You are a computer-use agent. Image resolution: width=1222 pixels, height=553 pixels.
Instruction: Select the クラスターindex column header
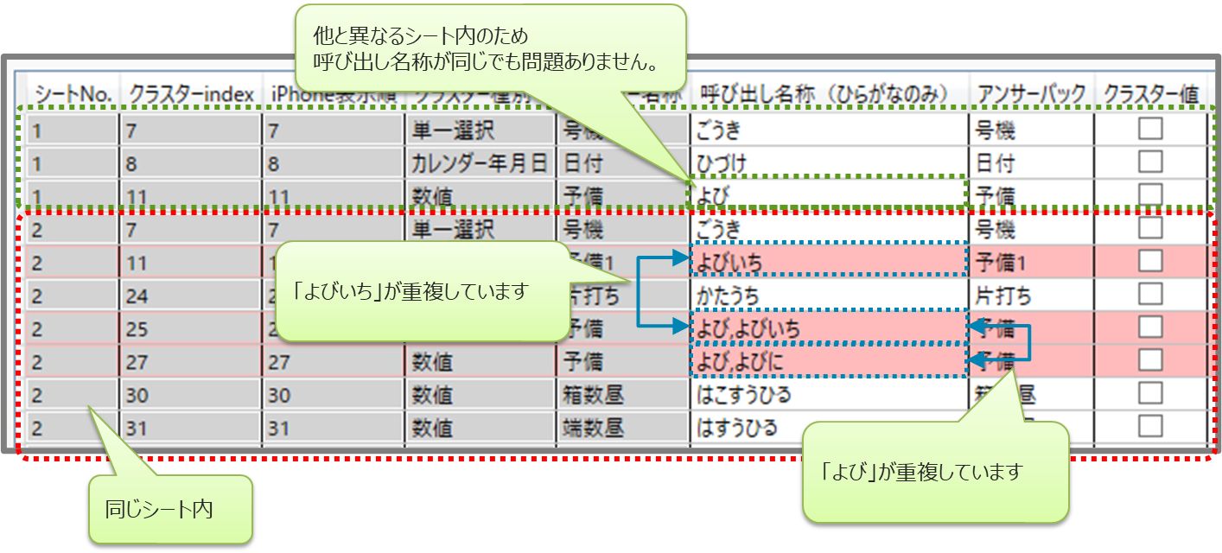click(191, 93)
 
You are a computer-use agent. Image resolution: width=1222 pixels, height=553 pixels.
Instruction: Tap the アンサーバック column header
click(1029, 93)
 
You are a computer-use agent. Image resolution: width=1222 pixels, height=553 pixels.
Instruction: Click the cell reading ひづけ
click(828, 163)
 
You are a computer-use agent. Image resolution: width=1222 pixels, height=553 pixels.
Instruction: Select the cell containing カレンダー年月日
click(480, 163)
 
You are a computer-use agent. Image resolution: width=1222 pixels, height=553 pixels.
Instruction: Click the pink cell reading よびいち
click(828, 261)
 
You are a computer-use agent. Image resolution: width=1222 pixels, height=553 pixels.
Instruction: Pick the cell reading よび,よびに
click(828, 361)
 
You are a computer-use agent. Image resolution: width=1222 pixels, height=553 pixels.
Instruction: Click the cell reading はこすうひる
click(828, 395)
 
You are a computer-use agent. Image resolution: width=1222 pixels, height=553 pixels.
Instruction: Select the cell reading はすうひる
click(828, 427)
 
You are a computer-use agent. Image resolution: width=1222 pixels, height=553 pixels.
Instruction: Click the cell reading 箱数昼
click(622, 395)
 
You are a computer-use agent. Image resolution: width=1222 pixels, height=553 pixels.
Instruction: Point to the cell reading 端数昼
click(622, 427)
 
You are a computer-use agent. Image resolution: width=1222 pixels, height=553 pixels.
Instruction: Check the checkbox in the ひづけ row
click(1149, 162)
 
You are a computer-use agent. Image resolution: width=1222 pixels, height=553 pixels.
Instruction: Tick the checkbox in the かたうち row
click(1149, 294)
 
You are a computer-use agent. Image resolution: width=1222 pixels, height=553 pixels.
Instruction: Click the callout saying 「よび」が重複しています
click(936, 471)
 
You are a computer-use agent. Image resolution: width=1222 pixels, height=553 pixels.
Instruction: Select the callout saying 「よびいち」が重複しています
click(423, 291)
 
